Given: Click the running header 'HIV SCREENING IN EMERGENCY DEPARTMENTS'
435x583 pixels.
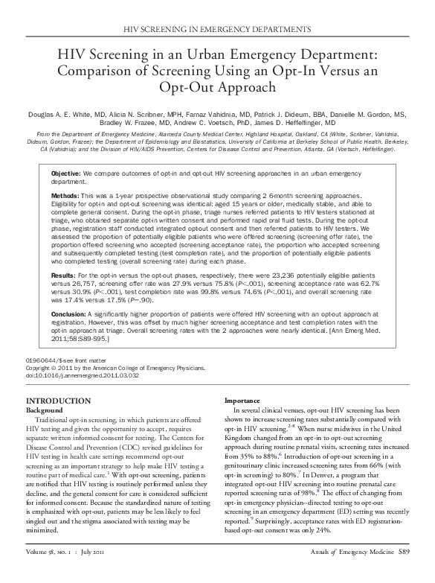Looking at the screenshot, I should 217,28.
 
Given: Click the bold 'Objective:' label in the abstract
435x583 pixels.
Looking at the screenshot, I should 65,173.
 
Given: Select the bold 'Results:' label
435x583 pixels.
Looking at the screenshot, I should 63,275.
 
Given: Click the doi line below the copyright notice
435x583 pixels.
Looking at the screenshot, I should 82,375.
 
